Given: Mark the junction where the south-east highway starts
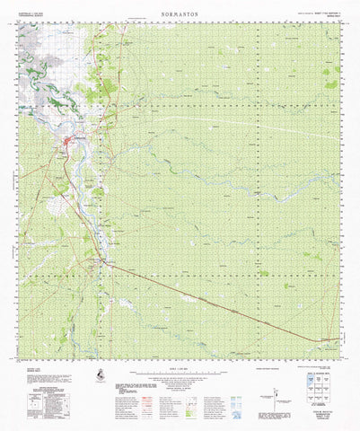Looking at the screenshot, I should (109, 262).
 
